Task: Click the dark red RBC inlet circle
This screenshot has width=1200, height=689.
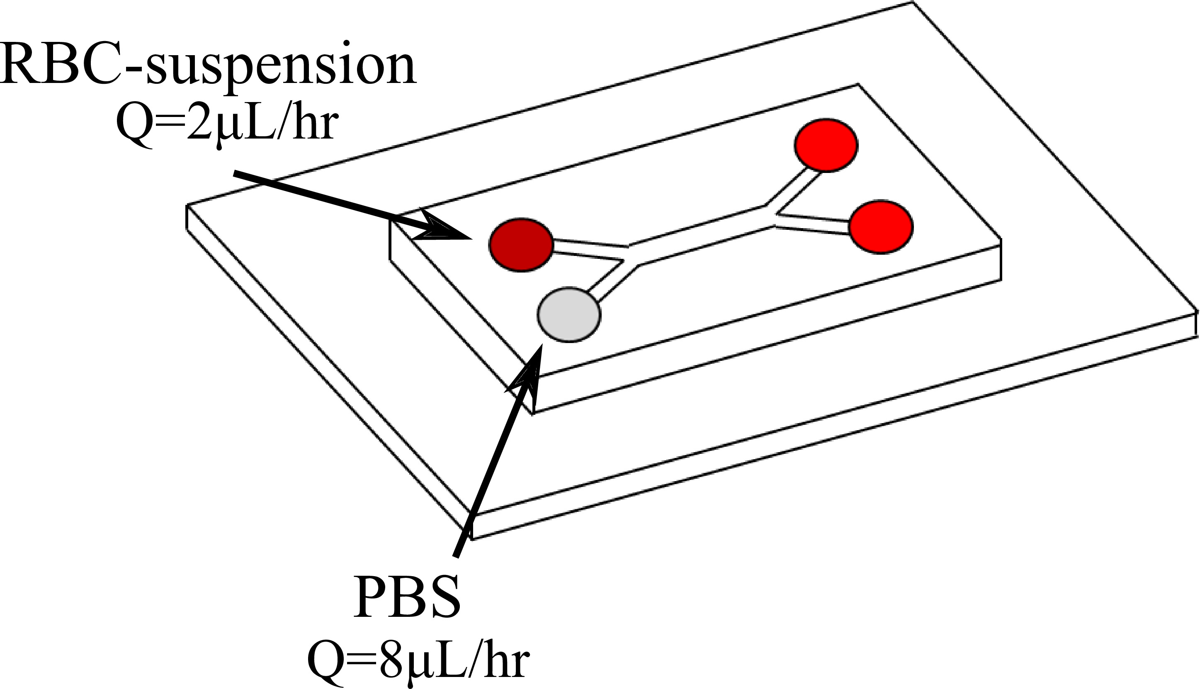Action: point(521,245)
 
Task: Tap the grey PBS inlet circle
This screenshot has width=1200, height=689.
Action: point(569,315)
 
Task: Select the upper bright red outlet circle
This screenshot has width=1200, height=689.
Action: point(826,145)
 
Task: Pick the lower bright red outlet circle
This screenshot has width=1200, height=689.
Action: point(881,227)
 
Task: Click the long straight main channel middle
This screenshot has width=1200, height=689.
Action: point(700,236)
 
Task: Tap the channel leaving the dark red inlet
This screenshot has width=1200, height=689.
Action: point(589,250)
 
